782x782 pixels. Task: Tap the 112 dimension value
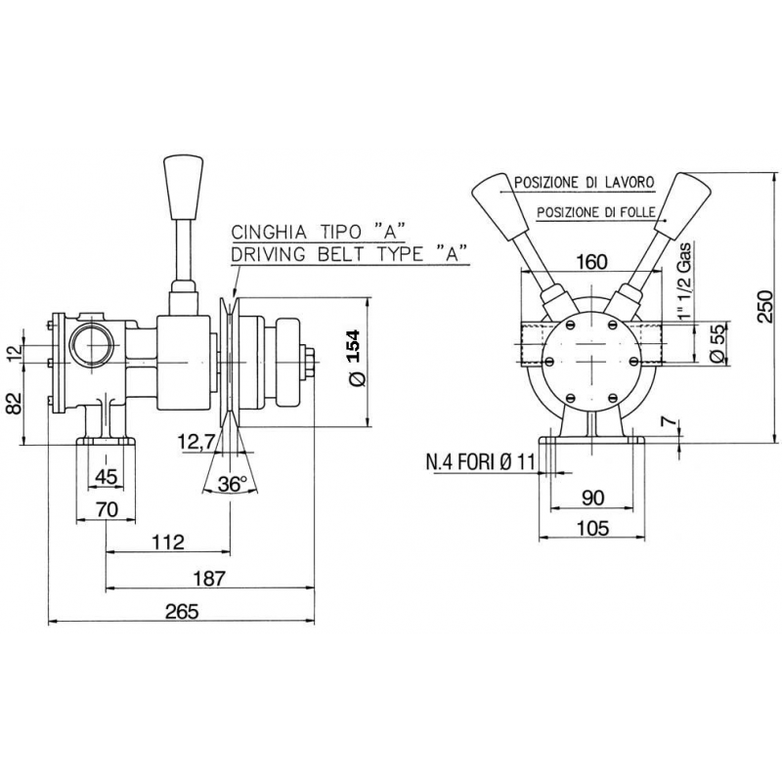click(x=169, y=542)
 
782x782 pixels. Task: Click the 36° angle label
click(x=232, y=484)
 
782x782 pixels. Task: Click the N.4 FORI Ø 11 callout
click(x=480, y=461)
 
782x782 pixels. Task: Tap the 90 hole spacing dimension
click(x=592, y=497)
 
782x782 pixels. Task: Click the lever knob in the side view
click(x=182, y=188)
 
